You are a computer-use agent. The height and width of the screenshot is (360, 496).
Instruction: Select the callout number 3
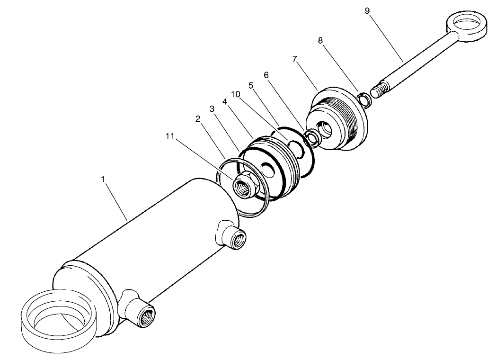pos(213,108)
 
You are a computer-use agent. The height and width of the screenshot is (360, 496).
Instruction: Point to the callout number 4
pos(225,101)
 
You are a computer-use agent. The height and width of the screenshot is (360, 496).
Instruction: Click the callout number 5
pos(251,85)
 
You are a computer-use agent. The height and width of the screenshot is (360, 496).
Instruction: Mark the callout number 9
pos(367,10)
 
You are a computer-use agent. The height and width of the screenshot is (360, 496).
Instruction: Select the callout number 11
pos(170,136)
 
